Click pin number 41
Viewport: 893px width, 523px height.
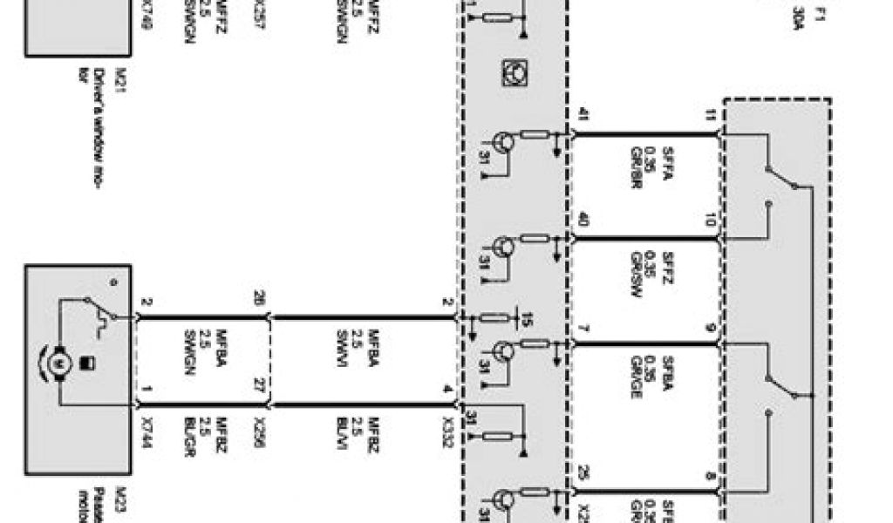583,114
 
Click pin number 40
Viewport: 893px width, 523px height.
583,220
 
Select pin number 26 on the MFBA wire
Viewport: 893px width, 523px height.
258,298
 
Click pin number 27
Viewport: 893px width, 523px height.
258,384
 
